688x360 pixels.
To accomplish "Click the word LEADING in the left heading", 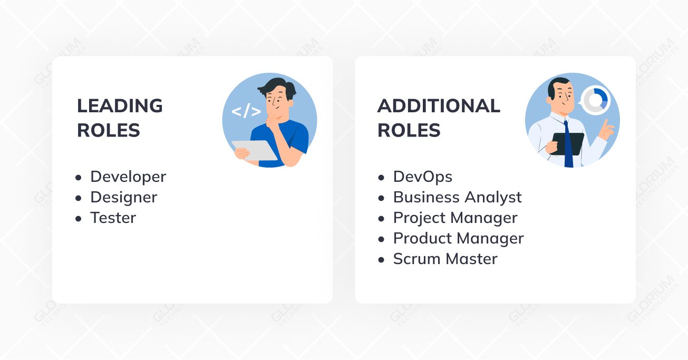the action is tap(120, 105).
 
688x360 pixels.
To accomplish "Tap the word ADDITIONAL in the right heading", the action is tap(439, 105).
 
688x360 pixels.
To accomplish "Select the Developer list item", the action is tap(128, 177).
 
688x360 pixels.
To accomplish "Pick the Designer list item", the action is tap(123, 198).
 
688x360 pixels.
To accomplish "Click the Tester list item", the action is tap(113, 218).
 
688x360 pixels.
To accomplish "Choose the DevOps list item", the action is tap(423, 177).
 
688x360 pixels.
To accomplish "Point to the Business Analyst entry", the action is tap(457, 198).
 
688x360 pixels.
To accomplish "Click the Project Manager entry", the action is tap(455, 218).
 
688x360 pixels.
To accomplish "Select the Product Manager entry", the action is tap(458, 239).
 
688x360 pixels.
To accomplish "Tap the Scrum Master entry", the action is tap(445, 259).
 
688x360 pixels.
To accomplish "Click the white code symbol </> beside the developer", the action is tap(246, 111).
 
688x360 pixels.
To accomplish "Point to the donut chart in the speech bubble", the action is tap(596, 100).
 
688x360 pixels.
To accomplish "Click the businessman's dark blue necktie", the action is tap(568, 144).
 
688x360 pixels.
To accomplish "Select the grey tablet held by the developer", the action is tap(254, 150).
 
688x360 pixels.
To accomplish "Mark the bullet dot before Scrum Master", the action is tap(381, 260).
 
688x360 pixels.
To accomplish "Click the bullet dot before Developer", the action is tap(79, 178).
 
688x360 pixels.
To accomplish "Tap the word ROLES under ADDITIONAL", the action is tap(409, 130).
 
